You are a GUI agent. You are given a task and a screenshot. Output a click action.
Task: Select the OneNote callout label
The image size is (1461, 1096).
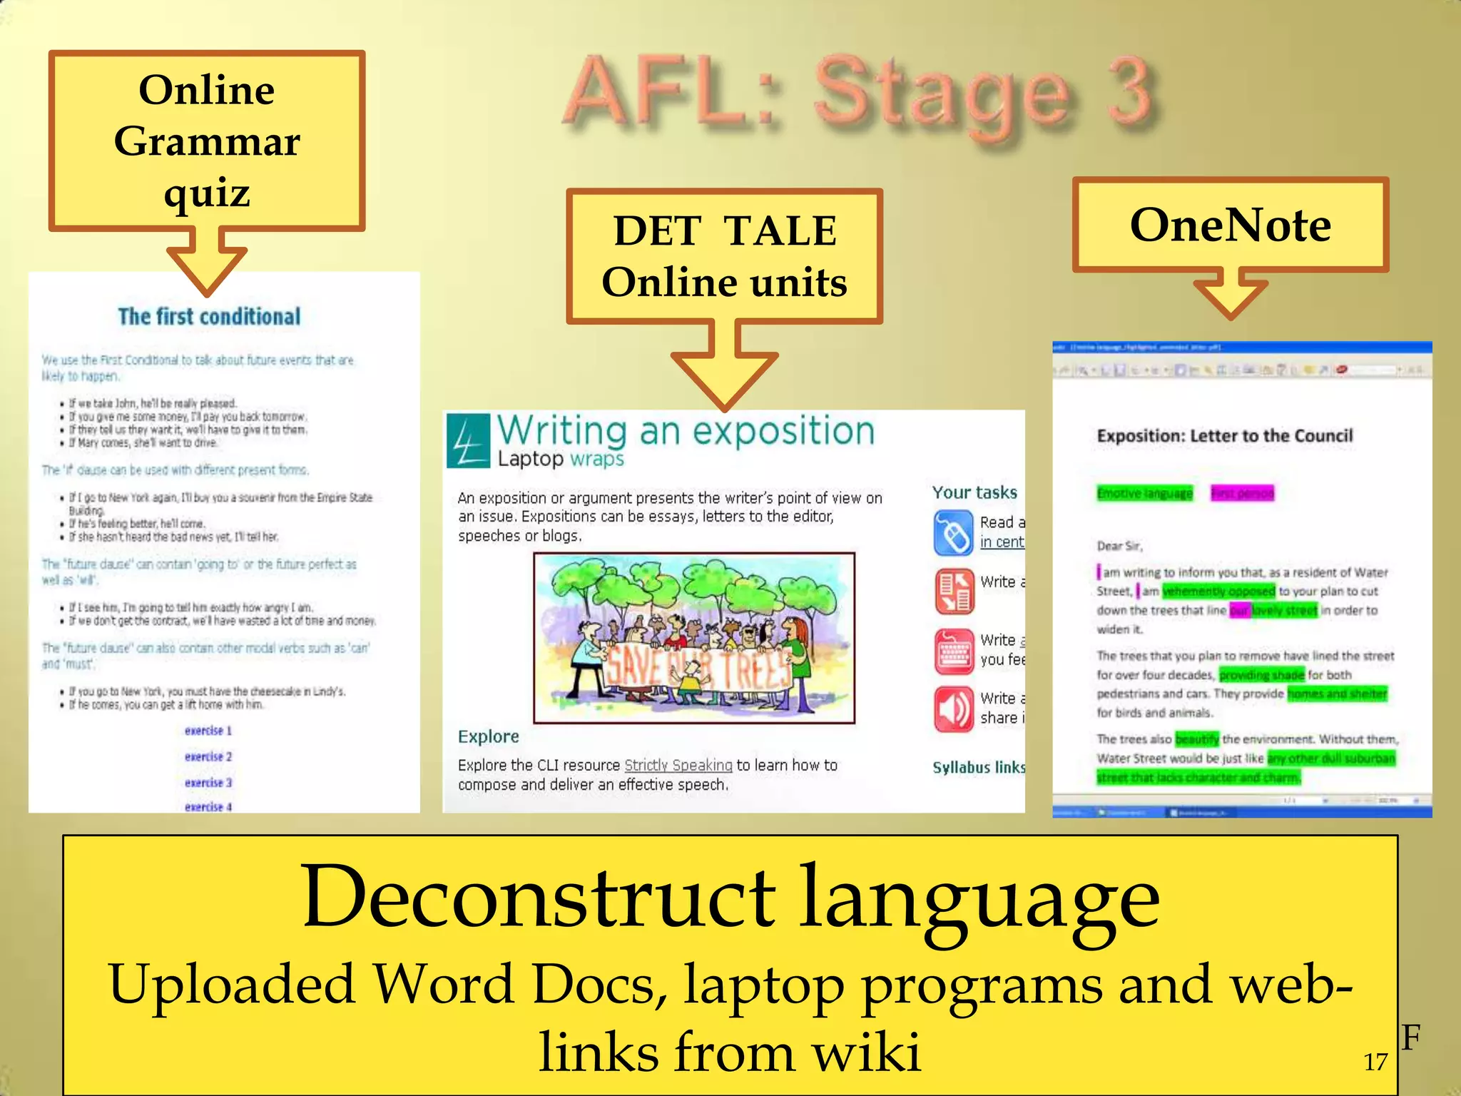1230,225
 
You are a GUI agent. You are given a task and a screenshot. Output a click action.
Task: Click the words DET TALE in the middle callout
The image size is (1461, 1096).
725,230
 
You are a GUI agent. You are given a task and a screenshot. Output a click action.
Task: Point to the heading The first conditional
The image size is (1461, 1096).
209,316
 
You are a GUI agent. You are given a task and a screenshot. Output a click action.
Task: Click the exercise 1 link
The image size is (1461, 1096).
208,731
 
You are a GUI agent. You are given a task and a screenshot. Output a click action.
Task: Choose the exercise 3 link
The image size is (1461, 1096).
208,783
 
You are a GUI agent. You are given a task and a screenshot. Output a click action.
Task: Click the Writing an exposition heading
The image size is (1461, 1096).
686,431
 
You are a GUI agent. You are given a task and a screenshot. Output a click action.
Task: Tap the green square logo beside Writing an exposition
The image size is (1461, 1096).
468,441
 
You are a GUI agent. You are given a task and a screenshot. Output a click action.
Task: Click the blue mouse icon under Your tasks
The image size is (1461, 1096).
953,532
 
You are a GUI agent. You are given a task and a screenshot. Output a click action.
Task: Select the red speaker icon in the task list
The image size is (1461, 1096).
953,709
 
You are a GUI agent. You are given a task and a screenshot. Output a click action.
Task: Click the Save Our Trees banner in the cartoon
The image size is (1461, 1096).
696,669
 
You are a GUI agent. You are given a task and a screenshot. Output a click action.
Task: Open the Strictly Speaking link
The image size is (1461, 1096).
678,765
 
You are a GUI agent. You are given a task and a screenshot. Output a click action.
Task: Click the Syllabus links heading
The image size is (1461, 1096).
978,767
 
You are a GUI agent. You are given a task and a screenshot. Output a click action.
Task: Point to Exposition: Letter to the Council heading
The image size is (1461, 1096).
1224,436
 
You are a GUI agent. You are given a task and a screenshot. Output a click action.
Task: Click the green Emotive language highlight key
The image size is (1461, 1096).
1144,493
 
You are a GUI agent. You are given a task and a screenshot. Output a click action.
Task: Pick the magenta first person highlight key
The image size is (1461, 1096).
1242,493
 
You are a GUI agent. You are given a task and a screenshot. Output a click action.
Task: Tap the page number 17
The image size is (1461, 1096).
1375,1062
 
